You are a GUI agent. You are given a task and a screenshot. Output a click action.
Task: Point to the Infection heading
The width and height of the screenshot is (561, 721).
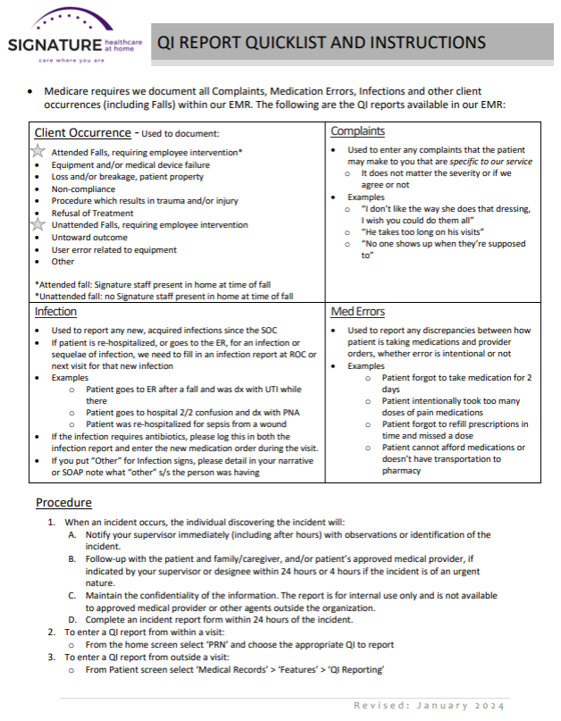tap(55, 312)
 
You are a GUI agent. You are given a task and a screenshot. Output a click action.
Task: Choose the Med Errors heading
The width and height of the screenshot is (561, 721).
tap(357, 312)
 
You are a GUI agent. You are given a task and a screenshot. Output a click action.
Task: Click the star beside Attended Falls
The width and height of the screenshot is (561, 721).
tap(38, 152)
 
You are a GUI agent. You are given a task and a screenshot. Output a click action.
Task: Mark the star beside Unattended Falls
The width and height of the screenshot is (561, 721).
tap(38, 225)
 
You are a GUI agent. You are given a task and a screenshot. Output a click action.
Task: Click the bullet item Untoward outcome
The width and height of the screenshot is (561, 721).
tap(89, 238)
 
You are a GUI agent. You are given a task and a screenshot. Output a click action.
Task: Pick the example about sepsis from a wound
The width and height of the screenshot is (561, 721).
tap(191, 423)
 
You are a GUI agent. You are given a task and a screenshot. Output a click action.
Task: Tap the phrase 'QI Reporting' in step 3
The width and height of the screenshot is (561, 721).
tap(354, 669)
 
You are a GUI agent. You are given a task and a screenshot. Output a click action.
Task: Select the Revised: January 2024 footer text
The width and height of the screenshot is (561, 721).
tap(431, 704)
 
